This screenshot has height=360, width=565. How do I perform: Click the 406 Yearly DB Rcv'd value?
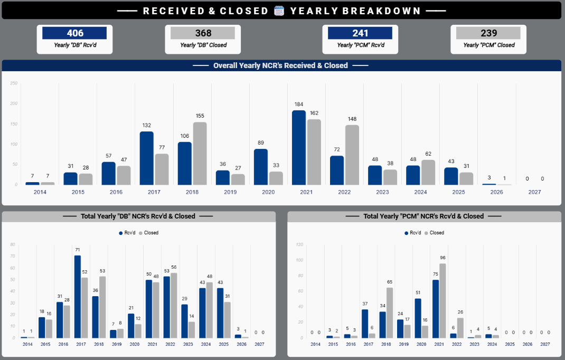tap(74, 33)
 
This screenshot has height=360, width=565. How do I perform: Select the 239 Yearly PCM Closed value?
tap(488, 33)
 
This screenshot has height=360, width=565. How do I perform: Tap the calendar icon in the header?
tap(279, 11)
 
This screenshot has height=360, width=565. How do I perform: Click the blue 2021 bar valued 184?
tap(299, 147)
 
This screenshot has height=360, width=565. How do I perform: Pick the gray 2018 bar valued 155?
tap(200, 154)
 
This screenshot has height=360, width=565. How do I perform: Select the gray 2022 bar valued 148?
tap(352, 155)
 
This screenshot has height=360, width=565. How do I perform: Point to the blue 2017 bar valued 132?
tap(147, 158)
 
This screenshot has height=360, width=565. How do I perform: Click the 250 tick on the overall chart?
tap(14, 83)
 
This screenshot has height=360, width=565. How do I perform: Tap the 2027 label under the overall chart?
tap(534, 193)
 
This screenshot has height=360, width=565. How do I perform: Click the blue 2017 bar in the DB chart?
tap(78, 297)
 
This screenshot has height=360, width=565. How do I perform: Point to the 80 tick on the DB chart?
tap(13, 244)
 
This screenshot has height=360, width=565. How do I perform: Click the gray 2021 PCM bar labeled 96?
tap(442, 300)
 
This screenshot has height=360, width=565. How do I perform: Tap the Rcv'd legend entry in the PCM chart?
tap(413, 233)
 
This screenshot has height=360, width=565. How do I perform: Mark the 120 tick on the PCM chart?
tap(299, 244)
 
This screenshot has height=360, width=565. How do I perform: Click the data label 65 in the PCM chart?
tap(390, 282)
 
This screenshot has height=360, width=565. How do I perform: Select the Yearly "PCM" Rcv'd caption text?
tap(361, 45)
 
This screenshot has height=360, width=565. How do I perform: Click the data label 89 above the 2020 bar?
tap(261, 143)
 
